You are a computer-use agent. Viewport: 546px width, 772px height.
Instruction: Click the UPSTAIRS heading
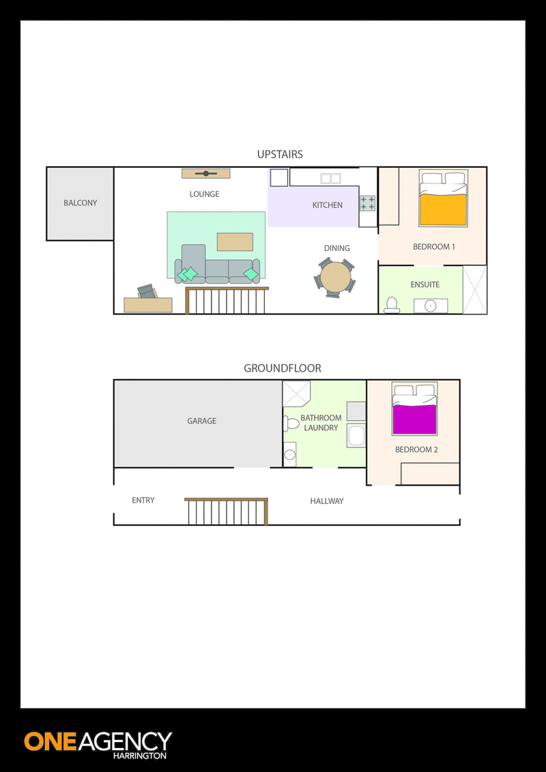click(280, 155)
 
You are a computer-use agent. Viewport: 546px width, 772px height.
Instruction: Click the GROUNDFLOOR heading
click(283, 368)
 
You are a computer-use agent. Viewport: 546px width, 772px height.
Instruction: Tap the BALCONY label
click(81, 203)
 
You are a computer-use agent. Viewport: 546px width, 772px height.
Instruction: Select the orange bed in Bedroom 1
click(444, 198)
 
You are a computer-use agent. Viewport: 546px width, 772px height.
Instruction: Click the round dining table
click(335, 278)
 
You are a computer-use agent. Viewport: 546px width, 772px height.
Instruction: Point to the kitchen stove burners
click(367, 203)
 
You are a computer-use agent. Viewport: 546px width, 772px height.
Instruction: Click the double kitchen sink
click(330, 178)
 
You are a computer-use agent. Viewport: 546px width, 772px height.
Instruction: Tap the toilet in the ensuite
click(392, 306)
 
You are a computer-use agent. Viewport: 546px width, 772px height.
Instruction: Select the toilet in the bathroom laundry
click(291, 424)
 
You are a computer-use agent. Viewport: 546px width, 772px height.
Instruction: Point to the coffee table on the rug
click(235, 241)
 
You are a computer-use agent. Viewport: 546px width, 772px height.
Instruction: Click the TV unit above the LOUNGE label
click(206, 173)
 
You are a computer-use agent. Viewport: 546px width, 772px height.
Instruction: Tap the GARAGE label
click(201, 421)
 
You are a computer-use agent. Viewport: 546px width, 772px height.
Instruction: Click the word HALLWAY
click(327, 501)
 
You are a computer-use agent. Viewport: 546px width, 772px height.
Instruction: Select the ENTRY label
click(143, 500)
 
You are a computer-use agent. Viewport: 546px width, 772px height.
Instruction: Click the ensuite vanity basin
click(431, 306)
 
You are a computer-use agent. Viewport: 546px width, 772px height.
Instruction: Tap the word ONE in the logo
click(49, 742)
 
